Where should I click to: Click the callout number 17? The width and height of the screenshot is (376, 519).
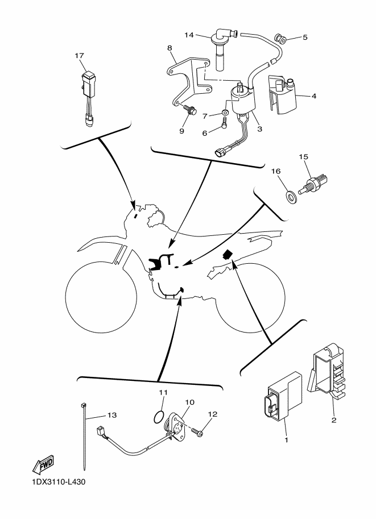[x=79, y=56]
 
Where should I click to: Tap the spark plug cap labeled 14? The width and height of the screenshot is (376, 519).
[x=222, y=49]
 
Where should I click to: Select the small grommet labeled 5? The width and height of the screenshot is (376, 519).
[x=280, y=39]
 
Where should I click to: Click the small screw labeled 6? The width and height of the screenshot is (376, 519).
[x=225, y=123]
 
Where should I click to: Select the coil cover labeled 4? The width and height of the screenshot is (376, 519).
[x=282, y=95]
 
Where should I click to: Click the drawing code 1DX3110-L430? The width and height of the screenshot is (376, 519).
[x=55, y=481]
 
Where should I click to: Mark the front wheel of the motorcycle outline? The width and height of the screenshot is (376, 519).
[x=101, y=295]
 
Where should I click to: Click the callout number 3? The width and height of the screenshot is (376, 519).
[x=260, y=129]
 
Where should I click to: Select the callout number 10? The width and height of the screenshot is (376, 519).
[x=190, y=402]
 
